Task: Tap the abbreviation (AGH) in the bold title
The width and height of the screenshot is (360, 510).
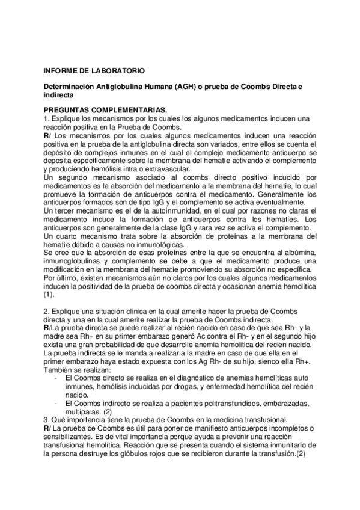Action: [171, 87]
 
